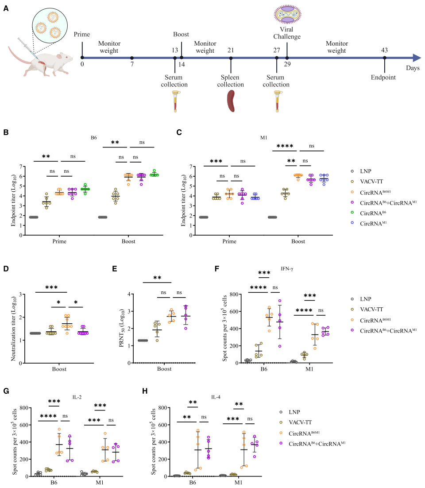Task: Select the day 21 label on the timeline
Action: [231, 50]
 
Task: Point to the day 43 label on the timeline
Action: [384, 50]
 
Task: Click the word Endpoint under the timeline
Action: [384, 78]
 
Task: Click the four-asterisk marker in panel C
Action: [284, 146]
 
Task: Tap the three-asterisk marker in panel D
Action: [50, 287]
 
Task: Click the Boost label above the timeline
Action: [181, 34]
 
